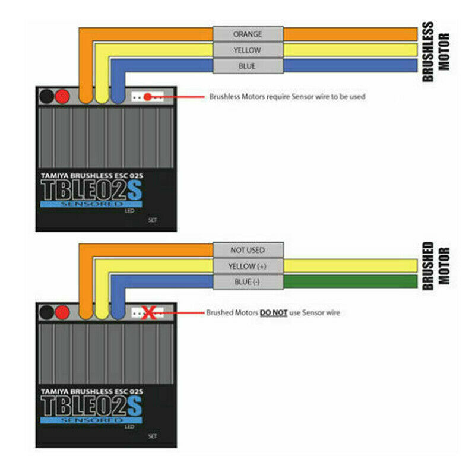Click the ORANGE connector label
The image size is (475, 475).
(x=248, y=34)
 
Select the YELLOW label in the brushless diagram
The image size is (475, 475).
(x=248, y=50)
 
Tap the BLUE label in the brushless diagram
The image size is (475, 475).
(x=248, y=66)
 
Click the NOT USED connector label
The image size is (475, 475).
(x=248, y=250)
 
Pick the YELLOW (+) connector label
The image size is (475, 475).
(x=248, y=266)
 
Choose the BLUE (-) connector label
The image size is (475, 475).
(x=248, y=281)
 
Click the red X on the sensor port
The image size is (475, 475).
(x=149, y=313)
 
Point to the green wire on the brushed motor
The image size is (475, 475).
(x=350, y=281)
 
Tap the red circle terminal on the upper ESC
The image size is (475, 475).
(x=62, y=97)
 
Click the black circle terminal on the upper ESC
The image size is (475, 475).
(x=47, y=97)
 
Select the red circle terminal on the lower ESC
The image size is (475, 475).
(x=62, y=313)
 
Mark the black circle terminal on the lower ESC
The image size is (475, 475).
(x=47, y=313)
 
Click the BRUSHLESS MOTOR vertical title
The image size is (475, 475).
(x=436, y=52)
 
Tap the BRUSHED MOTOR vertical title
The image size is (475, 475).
(x=436, y=266)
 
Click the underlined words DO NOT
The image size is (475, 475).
(x=274, y=313)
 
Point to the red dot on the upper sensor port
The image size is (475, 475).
(x=147, y=97)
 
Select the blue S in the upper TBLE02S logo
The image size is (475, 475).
(x=135, y=190)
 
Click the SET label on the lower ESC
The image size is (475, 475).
(x=153, y=436)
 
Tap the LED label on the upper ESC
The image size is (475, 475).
(x=129, y=211)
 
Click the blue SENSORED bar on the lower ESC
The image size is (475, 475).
(x=91, y=420)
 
